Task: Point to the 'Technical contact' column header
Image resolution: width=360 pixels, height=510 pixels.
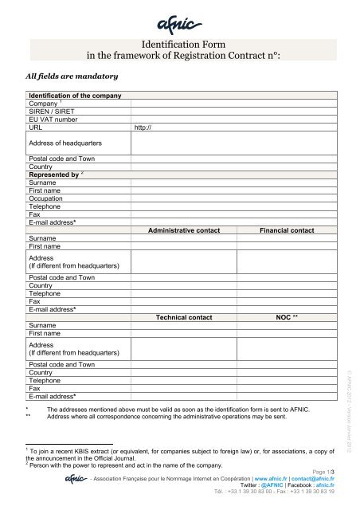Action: point(185,316)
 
